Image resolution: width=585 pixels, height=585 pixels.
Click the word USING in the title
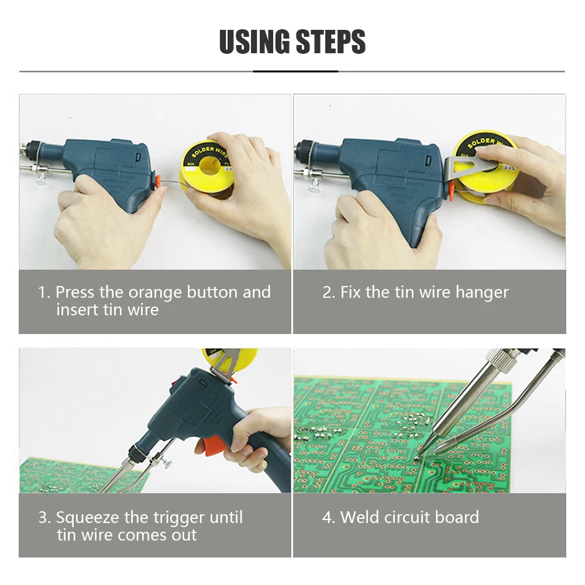(254, 42)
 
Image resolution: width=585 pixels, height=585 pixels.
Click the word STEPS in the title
(331, 42)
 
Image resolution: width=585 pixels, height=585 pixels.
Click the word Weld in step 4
(360, 517)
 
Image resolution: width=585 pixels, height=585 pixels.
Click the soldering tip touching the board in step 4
(418, 456)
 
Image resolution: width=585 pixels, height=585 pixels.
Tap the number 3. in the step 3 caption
(44, 518)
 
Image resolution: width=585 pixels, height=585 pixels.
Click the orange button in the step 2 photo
(450, 190)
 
